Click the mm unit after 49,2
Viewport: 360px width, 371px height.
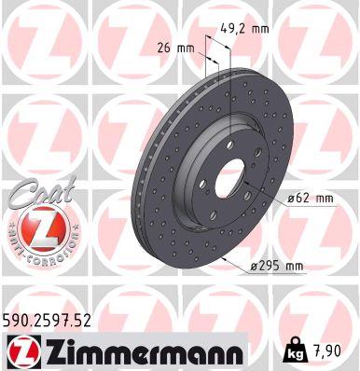259,29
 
